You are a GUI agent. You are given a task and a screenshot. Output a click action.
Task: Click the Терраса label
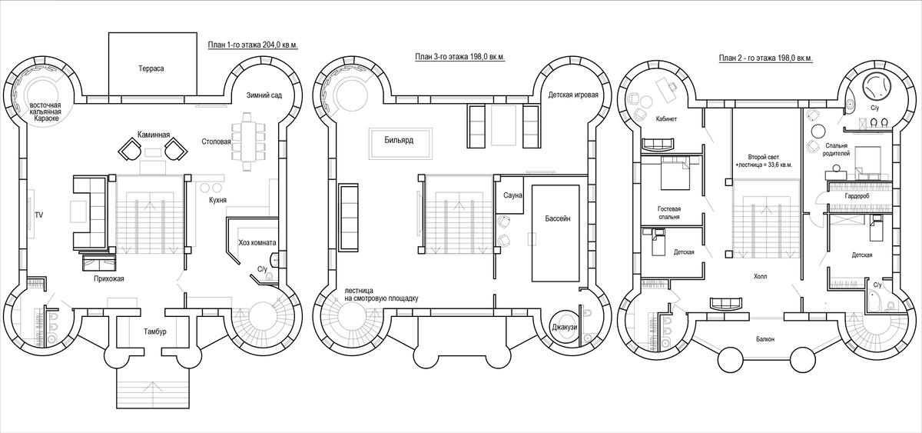pyautogui.click(x=151, y=68)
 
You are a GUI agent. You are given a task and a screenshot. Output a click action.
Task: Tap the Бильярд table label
pyautogui.click(x=399, y=140)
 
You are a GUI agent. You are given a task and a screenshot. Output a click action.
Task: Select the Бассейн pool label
pyautogui.click(x=558, y=218)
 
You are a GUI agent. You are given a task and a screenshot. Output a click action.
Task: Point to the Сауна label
pyautogui.click(x=513, y=195)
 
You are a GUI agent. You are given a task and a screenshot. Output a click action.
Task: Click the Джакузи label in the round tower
pyautogui.click(x=565, y=327)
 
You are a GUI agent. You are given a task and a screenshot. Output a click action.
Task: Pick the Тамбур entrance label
pyautogui.click(x=155, y=331)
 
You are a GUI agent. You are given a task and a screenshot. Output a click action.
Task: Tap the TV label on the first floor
pyautogui.click(x=39, y=215)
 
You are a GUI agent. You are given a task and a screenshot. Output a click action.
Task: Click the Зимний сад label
pyautogui.click(x=264, y=95)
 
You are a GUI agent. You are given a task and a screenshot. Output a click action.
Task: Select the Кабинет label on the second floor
pyautogui.click(x=666, y=119)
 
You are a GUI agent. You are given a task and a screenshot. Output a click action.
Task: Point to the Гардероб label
pyautogui.click(x=857, y=196)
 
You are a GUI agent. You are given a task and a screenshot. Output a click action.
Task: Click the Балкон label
pyautogui.click(x=765, y=339)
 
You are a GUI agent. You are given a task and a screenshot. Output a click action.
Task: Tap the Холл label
pyautogui.click(x=760, y=276)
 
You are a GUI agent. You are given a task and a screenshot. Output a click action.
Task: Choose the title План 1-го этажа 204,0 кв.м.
pyautogui.click(x=253, y=45)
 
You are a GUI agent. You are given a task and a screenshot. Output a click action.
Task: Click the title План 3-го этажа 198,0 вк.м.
pyautogui.click(x=459, y=57)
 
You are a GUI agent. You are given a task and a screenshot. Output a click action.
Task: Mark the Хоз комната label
pyautogui.click(x=257, y=243)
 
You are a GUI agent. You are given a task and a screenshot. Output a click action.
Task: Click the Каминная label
pyautogui.click(x=154, y=135)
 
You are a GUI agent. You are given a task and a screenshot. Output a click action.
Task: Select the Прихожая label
pyautogui.click(x=108, y=279)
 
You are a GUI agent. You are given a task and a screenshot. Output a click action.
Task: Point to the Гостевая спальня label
pyautogui.click(x=669, y=212)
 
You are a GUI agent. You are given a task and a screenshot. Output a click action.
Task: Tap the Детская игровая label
pyautogui.click(x=573, y=95)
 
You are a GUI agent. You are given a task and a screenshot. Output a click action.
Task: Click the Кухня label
pyautogui.click(x=217, y=200)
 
